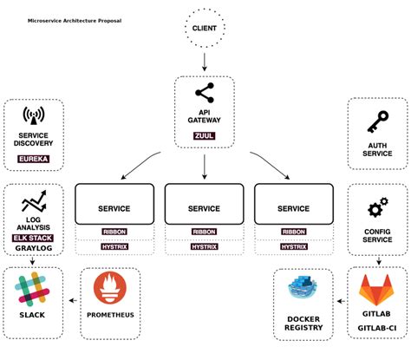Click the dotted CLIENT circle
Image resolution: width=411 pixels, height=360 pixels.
[x=205, y=29]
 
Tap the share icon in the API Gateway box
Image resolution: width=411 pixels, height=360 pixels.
[x=205, y=93]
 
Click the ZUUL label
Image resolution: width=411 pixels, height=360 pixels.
[x=205, y=135]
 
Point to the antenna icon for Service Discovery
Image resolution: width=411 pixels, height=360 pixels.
[x=34, y=116]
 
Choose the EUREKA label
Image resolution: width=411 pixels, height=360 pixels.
[x=34, y=159]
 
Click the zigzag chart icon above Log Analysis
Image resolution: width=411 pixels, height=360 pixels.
[x=34, y=203]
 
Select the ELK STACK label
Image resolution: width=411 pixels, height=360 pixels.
[x=34, y=237]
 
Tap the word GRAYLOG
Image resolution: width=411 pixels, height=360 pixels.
[x=34, y=248]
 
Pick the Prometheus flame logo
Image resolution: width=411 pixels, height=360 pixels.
[x=110, y=289]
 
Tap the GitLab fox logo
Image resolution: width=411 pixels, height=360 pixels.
[x=377, y=289]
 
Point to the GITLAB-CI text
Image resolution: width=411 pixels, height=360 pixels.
[x=377, y=328]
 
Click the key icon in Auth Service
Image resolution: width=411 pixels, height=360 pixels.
[x=377, y=121]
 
